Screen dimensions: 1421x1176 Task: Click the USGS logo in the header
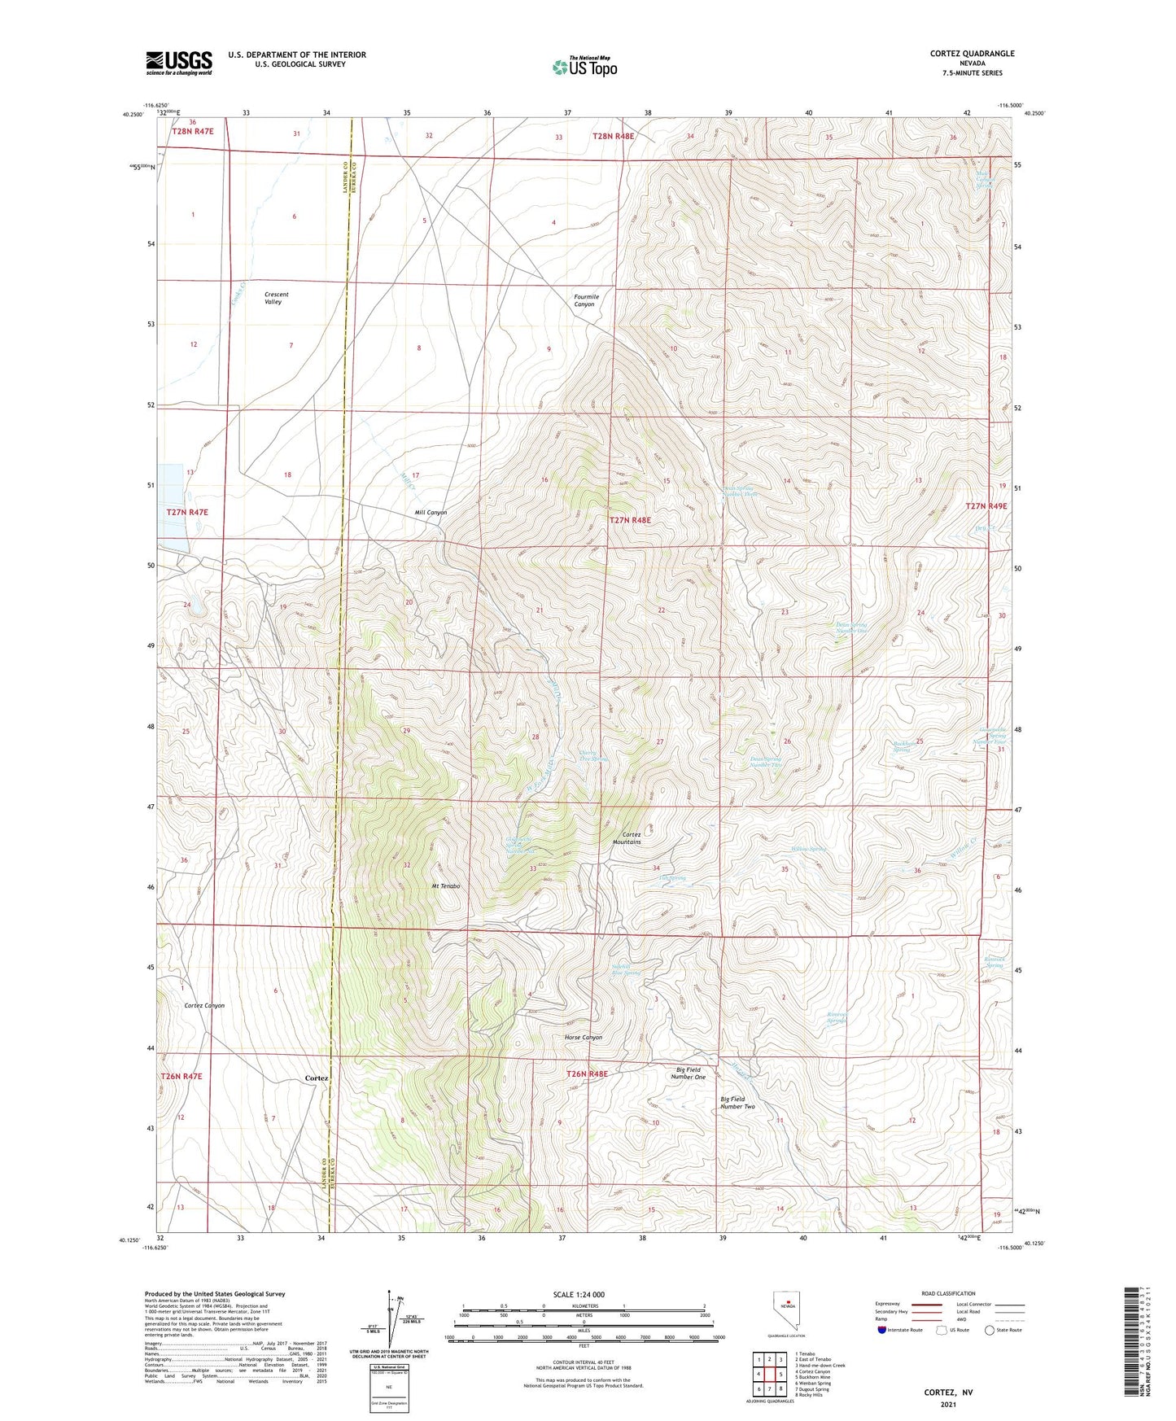point(178,63)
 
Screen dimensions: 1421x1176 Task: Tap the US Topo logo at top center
point(584,67)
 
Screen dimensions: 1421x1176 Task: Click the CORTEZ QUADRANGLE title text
point(972,54)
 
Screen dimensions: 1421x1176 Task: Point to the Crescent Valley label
point(276,298)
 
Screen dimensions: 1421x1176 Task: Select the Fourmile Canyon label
point(585,300)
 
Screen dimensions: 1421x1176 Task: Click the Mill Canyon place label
point(431,513)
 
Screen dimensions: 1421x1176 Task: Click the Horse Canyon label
point(583,1037)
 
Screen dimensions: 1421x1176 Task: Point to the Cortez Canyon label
point(204,1005)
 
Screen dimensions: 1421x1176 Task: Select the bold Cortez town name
point(317,1078)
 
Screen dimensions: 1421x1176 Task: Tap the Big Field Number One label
point(688,1073)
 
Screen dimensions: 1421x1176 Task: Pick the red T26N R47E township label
point(181,1076)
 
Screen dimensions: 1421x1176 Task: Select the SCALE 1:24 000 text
point(579,1295)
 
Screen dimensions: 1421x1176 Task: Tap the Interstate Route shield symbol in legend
point(883,1330)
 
